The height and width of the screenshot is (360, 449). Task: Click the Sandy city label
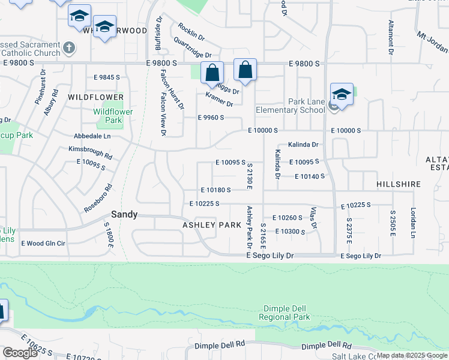(x=124, y=214)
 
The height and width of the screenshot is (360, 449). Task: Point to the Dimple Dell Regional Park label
(x=285, y=313)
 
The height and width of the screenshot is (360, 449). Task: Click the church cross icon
(x=70, y=47)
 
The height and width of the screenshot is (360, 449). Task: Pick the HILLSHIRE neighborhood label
(x=399, y=184)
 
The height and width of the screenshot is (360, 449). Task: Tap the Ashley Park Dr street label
(x=249, y=225)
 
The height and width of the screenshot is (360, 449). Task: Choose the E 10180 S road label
(x=215, y=190)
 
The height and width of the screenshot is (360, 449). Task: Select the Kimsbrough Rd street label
(x=91, y=152)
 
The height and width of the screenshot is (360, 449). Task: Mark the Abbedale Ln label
(x=92, y=136)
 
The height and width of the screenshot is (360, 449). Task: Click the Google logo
(x=20, y=352)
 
